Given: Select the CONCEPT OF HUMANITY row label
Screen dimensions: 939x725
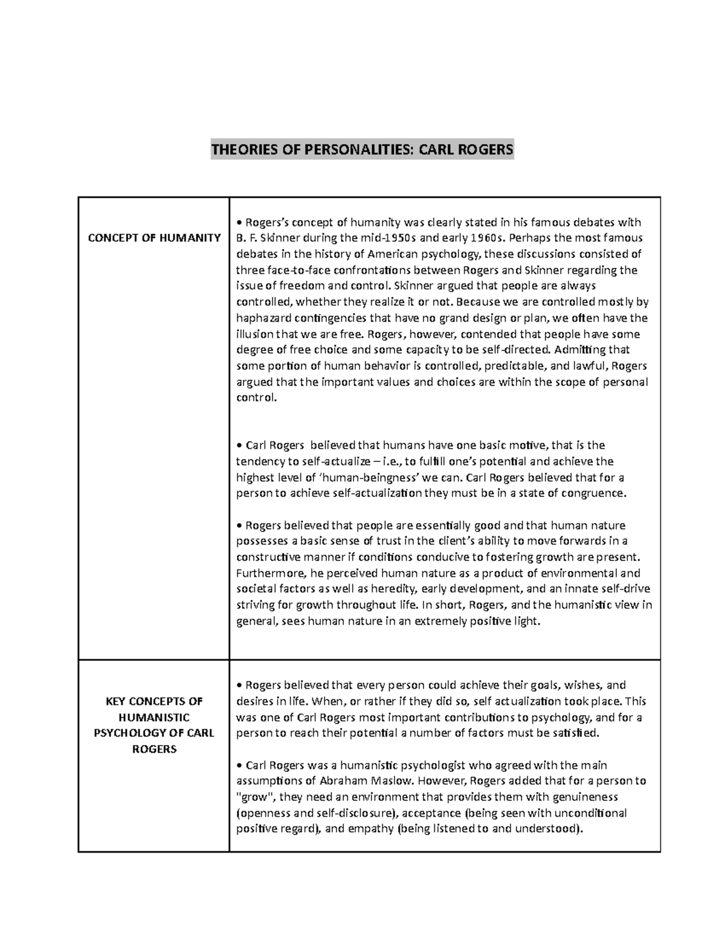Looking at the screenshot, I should pos(154,238).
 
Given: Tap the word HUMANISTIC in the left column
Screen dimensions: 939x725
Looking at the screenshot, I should pos(154,717).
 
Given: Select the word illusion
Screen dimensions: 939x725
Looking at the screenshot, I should pos(254,334).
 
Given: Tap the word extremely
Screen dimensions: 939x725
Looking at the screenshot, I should pos(440,621).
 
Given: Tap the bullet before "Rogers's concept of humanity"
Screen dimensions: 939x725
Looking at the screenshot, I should pos(239,223).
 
